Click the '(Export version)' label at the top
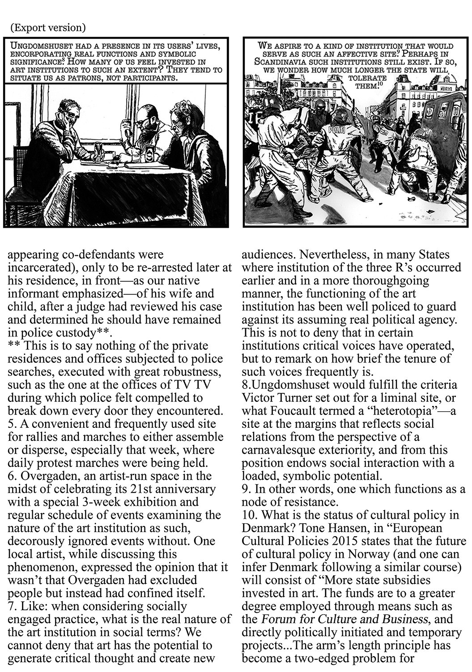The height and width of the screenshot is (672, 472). click(x=47, y=28)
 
